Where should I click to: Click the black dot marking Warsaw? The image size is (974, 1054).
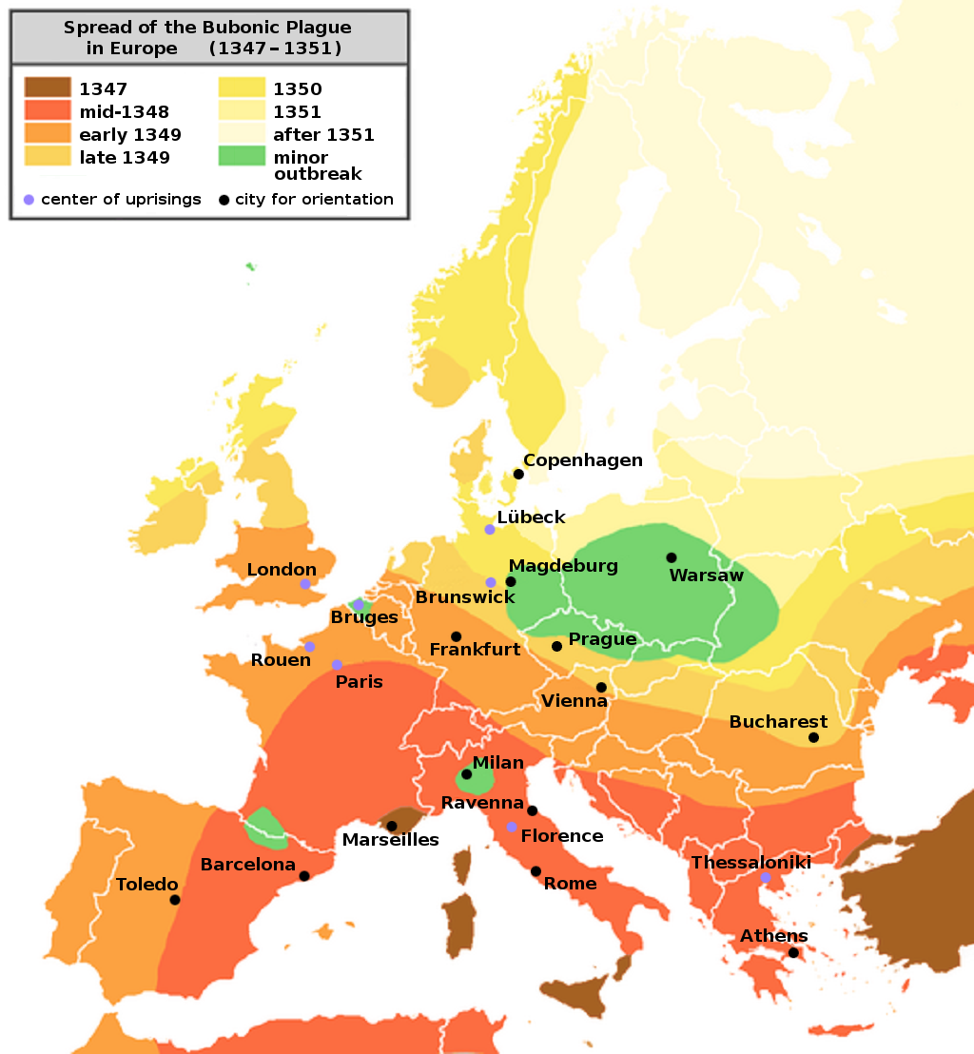(672, 557)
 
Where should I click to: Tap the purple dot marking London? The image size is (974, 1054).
(305, 584)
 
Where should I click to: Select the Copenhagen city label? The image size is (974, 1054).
(582, 460)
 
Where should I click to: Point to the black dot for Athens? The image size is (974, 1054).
(792, 952)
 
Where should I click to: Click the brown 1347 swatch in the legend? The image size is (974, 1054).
(48, 88)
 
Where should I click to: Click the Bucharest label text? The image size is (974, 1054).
(778, 722)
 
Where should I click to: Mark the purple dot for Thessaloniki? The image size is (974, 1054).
(766, 877)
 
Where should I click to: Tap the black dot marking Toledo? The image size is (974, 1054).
(175, 899)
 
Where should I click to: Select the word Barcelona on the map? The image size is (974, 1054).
(247, 865)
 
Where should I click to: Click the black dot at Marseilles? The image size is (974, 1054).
(392, 826)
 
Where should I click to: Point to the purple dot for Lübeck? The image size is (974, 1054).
(490, 529)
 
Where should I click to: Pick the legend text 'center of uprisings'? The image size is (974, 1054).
(121, 199)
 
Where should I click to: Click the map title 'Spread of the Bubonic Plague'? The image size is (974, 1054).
(207, 28)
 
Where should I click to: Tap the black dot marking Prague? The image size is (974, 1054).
(556, 646)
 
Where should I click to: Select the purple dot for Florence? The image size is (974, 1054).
(512, 827)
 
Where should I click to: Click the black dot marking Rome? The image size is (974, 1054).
(536, 871)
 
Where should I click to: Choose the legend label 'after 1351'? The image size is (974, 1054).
(323, 134)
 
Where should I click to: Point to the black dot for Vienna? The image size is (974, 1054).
(601, 687)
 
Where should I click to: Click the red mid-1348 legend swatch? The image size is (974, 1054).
(48, 111)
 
